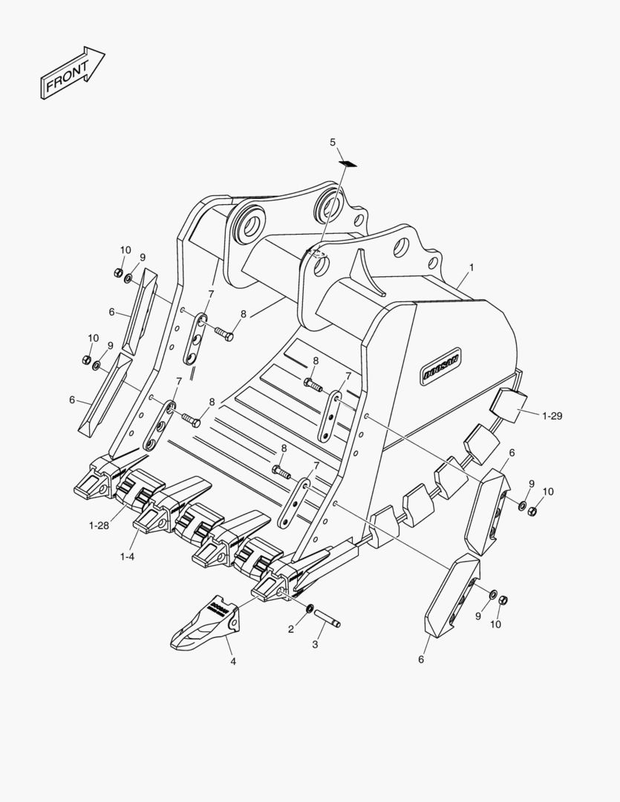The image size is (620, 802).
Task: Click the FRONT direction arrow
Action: click(x=71, y=74)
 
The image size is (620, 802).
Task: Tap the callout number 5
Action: click(x=333, y=142)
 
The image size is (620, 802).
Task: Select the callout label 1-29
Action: click(x=552, y=416)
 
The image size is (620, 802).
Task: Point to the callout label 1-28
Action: click(x=99, y=526)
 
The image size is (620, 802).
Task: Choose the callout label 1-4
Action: click(x=127, y=555)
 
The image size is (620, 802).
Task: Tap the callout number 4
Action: click(x=232, y=660)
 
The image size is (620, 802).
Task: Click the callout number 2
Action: click(x=291, y=629)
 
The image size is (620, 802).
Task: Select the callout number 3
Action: click(x=315, y=645)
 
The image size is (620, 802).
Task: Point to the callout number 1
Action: click(x=471, y=267)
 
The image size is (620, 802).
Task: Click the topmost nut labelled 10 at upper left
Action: click(x=118, y=273)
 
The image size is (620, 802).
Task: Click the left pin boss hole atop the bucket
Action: click(x=248, y=222)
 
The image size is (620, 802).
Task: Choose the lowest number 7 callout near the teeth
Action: click(x=316, y=466)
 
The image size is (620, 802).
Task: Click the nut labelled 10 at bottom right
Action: click(x=503, y=600)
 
